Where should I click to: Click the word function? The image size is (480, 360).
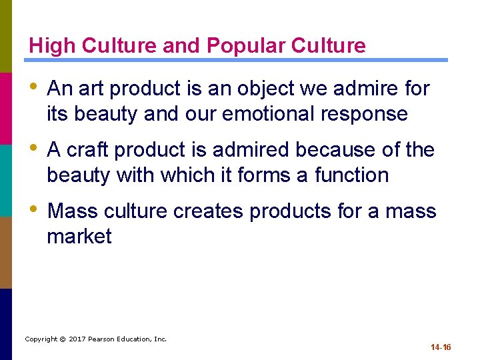[x=351, y=175]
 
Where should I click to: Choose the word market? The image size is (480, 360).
[x=79, y=236]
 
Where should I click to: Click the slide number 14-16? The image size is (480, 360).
[x=441, y=347]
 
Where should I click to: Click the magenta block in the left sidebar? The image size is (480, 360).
[x=6, y=108]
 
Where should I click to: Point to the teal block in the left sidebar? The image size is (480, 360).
[x=6, y=180]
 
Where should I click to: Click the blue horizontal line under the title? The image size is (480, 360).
[x=240, y=60]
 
